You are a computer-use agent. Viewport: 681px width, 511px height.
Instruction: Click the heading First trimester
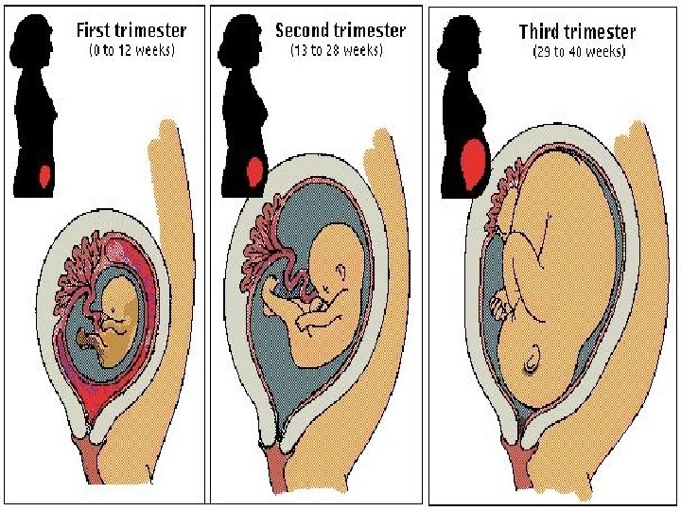point(131,29)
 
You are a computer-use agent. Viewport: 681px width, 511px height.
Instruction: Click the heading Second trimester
point(340,29)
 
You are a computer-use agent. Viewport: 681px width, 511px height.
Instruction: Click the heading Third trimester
point(577,31)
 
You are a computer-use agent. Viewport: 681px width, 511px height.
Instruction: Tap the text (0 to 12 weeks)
point(131,51)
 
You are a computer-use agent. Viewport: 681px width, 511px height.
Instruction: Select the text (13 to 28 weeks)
point(336,51)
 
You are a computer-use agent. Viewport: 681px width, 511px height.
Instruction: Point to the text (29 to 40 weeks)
point(578,52)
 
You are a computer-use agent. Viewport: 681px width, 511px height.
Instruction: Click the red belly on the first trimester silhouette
point(44,175)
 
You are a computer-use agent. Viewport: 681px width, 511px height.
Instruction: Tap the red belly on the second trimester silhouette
point(253,170)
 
